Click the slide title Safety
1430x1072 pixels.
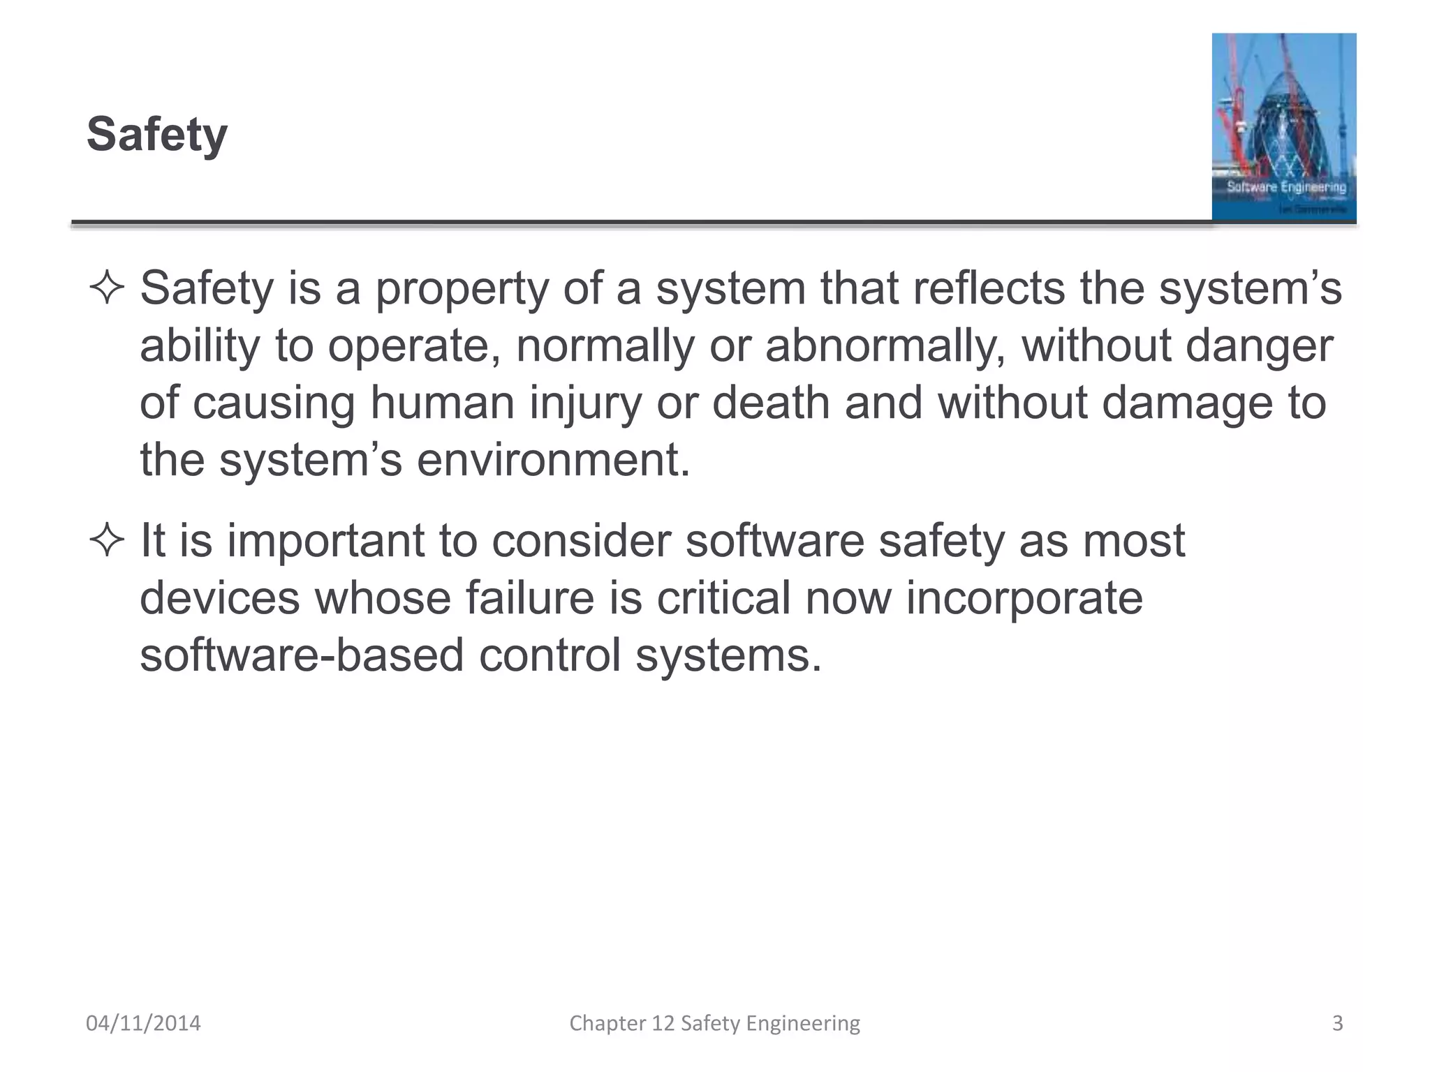[157, 134]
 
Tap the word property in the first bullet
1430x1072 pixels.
[462, 289]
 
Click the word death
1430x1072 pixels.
[771, 403]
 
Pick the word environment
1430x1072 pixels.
[553, 461]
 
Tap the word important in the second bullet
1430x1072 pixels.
[325, 542]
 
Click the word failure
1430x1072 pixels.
[529, 599]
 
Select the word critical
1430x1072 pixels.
[723, 599]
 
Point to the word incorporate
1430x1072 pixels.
[1024, 599]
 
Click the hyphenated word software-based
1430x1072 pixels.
[302, 656]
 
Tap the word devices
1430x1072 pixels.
[219, 599]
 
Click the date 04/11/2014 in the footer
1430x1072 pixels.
[143, 1023]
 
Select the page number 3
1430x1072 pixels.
[1337, 1023]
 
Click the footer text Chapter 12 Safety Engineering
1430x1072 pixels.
[714, 1023]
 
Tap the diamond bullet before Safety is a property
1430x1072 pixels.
[107, 288]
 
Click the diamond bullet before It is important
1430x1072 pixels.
[107, 541]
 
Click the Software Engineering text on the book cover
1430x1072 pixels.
[1286, 187]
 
